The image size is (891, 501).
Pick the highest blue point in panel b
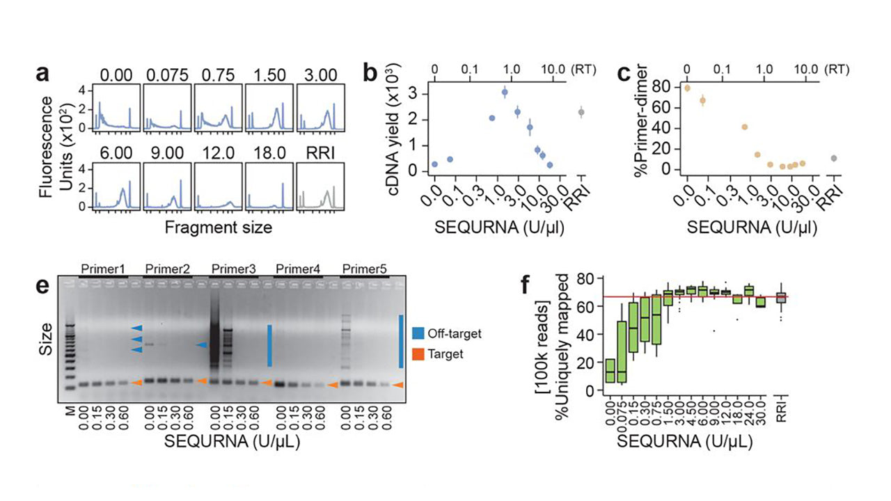point(505,92)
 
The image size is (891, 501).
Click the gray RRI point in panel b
point(582,111)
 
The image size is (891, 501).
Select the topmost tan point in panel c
point(687,88)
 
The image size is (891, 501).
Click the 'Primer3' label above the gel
point(233,268)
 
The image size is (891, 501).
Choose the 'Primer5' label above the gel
point(364,268)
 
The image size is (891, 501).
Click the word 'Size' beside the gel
point(47,339)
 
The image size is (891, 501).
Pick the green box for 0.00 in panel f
point(610,371)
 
